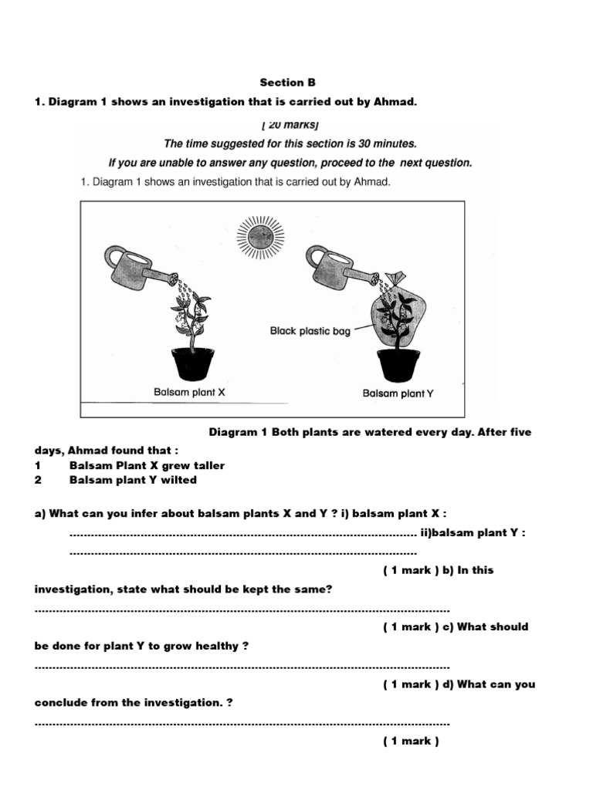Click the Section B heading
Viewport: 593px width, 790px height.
click(287, 83)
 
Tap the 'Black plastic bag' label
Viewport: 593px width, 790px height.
click(310, 331)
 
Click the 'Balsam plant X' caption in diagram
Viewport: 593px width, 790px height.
click(189, 392)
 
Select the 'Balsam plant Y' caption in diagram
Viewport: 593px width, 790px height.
click(398, 393)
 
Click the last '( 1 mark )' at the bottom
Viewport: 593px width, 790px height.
click(411, 741)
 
